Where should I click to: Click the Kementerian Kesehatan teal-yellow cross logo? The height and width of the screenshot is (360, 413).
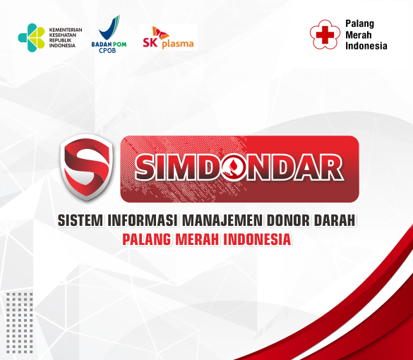click(x=31, y=37)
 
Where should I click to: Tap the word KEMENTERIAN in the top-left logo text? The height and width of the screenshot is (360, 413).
click(x=66, y=30)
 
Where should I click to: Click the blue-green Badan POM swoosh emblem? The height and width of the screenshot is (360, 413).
click(x=109, y=28)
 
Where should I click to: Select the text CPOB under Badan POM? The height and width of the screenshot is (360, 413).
click(x=107, y=50)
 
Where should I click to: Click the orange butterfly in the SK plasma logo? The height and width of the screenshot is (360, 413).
click(x=160, y=32)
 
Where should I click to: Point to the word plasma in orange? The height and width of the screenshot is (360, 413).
click(x=178, y=44)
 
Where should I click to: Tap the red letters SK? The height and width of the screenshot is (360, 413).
click(x=150, y=42)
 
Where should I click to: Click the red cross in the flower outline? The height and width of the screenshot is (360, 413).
click(x=325, y=35)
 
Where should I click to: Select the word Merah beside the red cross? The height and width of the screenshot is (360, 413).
click(x=358, y=35)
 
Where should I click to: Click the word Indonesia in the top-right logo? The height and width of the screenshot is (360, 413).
click(x=366, y=46)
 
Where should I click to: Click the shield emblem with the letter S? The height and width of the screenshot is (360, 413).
click(x=87, y=167)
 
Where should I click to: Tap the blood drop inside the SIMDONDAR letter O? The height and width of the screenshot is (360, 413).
click(x=234, y=166)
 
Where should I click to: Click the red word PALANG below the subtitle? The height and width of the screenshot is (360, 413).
click(x=146, y=239)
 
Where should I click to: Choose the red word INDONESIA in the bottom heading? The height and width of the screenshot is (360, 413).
click(x=257, y=239)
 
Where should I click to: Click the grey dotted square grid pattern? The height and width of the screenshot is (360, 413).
click(x=20, y=323)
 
